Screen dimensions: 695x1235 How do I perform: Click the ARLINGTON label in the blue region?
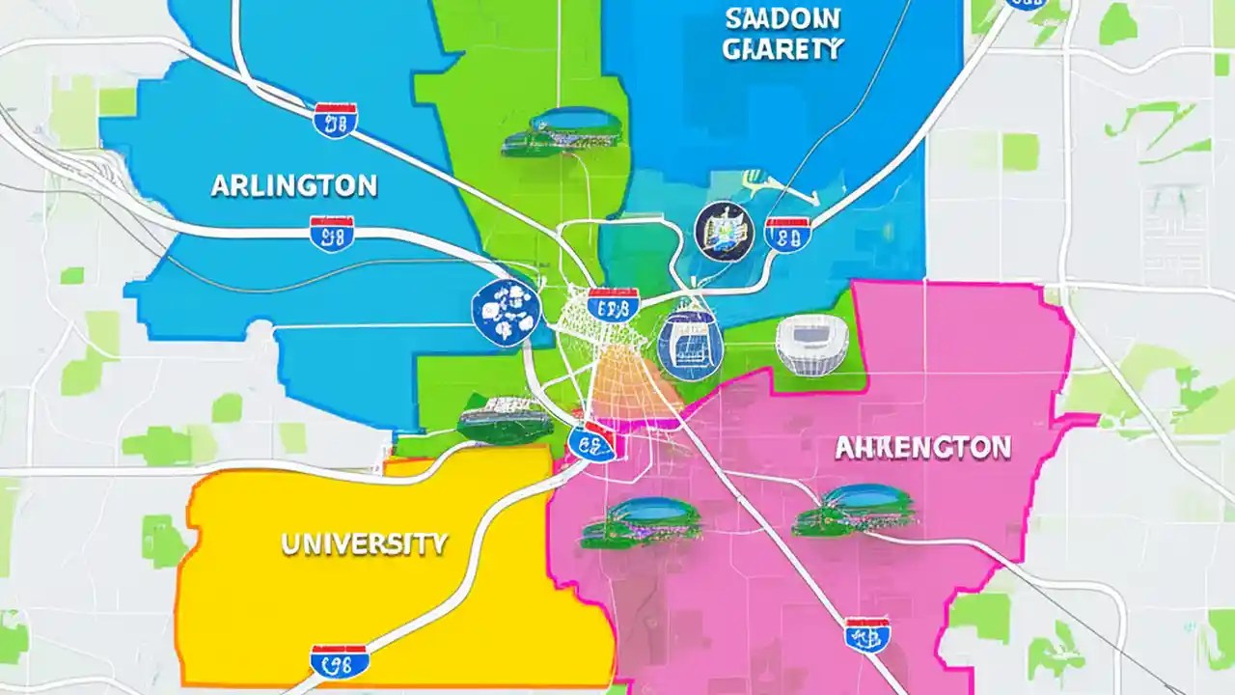(293, 185)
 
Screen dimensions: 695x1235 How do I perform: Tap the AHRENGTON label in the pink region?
(922, 448)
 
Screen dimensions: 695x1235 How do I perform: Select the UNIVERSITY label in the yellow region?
(364, 543)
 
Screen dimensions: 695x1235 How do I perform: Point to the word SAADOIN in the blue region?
(782, 18)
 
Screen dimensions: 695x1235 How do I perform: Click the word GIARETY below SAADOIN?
(782, 49)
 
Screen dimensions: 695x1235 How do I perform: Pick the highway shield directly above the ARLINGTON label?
(335, 120)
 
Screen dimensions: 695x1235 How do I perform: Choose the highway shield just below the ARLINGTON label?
(331, 234)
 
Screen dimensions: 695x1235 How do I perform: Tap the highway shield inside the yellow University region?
(339, 660)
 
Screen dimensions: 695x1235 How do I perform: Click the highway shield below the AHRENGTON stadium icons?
(866, 634)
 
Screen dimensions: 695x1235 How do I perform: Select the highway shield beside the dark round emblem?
(786, 234)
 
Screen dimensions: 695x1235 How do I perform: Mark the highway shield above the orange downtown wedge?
(613, 305)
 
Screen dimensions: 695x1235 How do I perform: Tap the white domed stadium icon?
(811, 345)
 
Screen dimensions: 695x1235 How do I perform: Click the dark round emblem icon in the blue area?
(722, 231)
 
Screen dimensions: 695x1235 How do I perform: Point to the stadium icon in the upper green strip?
(562, 132)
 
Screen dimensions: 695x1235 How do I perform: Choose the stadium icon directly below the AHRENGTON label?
(853, 511)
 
